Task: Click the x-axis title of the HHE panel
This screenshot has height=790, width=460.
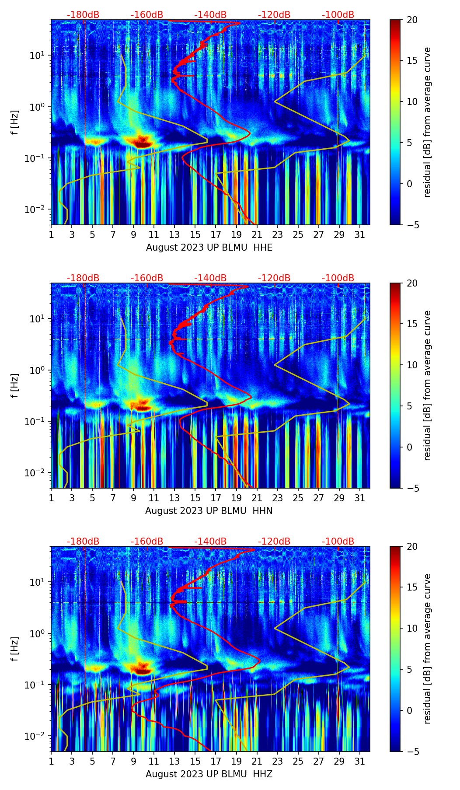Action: tap(209, 248)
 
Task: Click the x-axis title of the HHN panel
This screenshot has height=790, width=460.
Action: tap(209, 511)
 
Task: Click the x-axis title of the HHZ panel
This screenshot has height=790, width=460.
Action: tap(209, 774)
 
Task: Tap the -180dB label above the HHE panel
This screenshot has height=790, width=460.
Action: tap(83, 15)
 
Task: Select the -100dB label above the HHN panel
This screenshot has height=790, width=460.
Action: tap(338, 278)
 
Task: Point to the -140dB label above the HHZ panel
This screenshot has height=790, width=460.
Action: tap(210, 542)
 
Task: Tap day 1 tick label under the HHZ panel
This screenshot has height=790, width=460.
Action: tap(51, 761)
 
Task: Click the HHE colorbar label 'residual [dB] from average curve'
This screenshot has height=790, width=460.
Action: tap(427, 122)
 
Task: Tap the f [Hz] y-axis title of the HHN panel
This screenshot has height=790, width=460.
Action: tap(15, 385)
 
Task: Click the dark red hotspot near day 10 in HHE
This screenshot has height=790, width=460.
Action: tap(143, 143)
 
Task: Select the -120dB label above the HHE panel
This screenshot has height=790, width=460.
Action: tap(274, 15)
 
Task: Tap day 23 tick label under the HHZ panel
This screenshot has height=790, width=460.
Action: tap(278, 761)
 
